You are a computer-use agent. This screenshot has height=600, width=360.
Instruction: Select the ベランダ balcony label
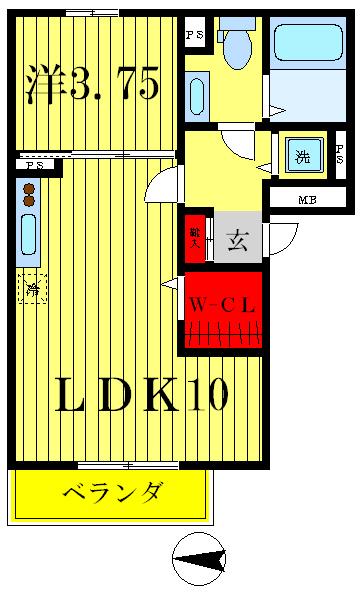tap(112, 493)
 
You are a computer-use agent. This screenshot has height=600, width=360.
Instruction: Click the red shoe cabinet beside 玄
tap(195, 238)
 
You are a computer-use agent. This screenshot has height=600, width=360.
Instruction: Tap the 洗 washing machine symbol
tap(299, 156)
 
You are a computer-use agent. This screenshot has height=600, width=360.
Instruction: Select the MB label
tap(307, 200)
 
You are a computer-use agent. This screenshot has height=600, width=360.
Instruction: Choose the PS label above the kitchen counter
tap(35, 165)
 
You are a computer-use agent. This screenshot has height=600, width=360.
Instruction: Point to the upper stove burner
tap(29, 188)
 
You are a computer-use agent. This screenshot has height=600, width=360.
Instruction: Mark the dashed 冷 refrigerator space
tap(32, 290)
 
